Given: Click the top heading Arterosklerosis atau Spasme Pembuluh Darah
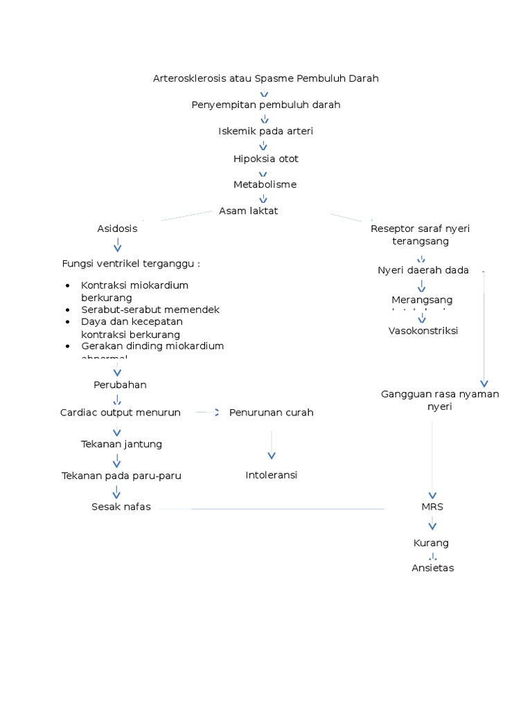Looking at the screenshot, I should (x=265, y=78).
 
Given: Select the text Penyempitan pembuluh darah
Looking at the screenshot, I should (x=265, y=105).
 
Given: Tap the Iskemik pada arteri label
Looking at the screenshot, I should (x=265, y=131).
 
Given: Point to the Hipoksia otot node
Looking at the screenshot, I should (x=265, y=159).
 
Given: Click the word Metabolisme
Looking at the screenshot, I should (x=265, y=184).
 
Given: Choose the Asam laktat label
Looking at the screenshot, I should (x=248, y=210).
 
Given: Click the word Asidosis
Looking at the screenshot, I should (x=117, y=228).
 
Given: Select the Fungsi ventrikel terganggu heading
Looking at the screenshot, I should (x=131, y=263).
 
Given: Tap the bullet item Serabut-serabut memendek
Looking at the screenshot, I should (x=150, y=309).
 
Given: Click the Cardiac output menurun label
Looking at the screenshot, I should (x=121, y=412).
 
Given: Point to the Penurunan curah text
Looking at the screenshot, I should (x=271, y=412).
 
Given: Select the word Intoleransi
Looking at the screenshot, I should (x=271, y=475).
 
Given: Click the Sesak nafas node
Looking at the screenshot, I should (x=121, y=507).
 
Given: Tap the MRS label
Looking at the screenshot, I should (x=432, y=507).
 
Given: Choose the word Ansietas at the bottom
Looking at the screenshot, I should (x=432, y=568).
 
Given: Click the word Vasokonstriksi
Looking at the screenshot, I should (x=423, y=330).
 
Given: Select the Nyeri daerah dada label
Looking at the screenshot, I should (x=423, y=270).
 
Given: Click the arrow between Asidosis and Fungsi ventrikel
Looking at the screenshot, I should (x=117, y=244).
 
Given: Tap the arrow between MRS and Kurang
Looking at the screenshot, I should (x=432, y=525).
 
